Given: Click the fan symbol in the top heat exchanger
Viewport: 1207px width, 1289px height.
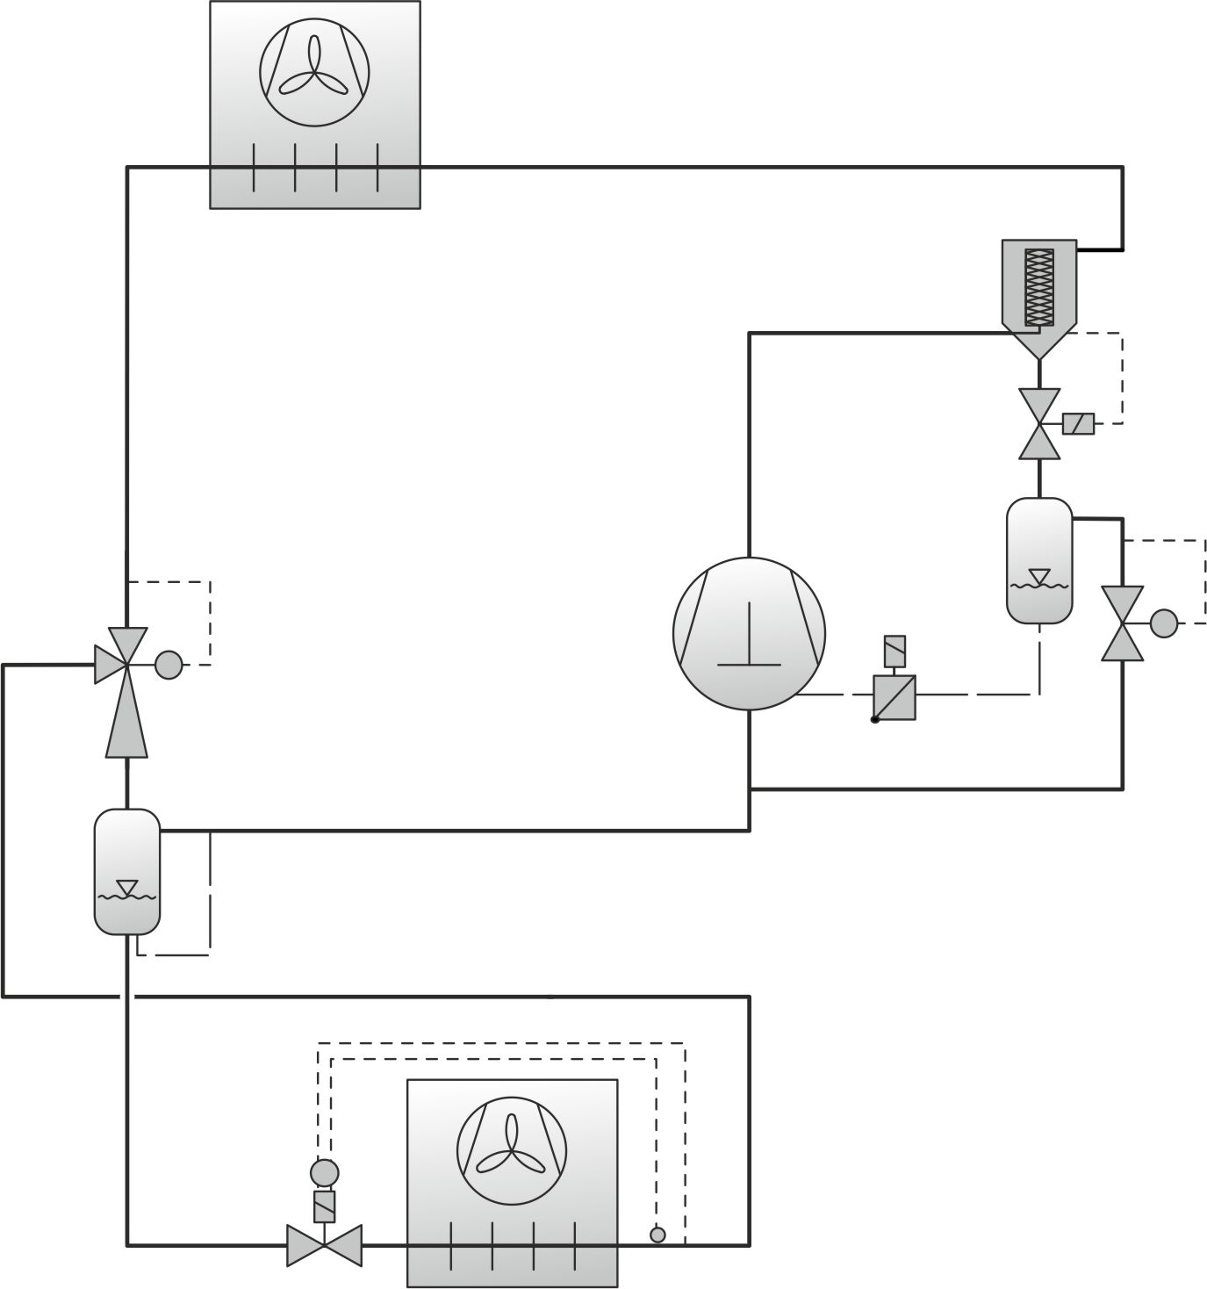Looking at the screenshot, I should (314, 71).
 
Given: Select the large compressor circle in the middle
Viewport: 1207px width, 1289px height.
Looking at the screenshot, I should (749, 633).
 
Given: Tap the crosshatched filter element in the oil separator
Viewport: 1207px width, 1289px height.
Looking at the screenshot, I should (1038, 286).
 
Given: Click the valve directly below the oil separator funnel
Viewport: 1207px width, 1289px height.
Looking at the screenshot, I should (1039, 424).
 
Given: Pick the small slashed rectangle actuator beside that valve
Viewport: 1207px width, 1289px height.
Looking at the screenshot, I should (1078, 424).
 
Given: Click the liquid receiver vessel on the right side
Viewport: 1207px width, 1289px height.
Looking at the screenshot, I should (1039, 560).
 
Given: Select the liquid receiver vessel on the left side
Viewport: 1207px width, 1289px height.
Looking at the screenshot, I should (127, 871).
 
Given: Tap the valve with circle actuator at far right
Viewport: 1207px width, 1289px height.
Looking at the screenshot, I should (1123, 624).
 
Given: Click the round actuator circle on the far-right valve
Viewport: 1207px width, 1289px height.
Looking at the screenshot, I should (1164, 623).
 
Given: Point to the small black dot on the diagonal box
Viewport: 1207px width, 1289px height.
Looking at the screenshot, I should (874, 720).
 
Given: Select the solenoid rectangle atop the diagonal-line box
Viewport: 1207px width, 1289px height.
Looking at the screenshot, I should (894, 652).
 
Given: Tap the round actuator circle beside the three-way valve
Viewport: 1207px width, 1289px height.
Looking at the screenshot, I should (169, 665).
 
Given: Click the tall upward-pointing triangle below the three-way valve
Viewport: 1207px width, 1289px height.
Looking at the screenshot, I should (127, 724).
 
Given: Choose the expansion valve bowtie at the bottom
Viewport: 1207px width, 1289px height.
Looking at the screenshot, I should (324, 1244).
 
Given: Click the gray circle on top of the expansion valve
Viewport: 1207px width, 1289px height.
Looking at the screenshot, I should (324, 1172).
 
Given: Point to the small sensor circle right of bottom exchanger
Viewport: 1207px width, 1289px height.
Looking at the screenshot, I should (657, 1235).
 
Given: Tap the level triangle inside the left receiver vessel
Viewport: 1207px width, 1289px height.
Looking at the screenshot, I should (127, 887).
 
